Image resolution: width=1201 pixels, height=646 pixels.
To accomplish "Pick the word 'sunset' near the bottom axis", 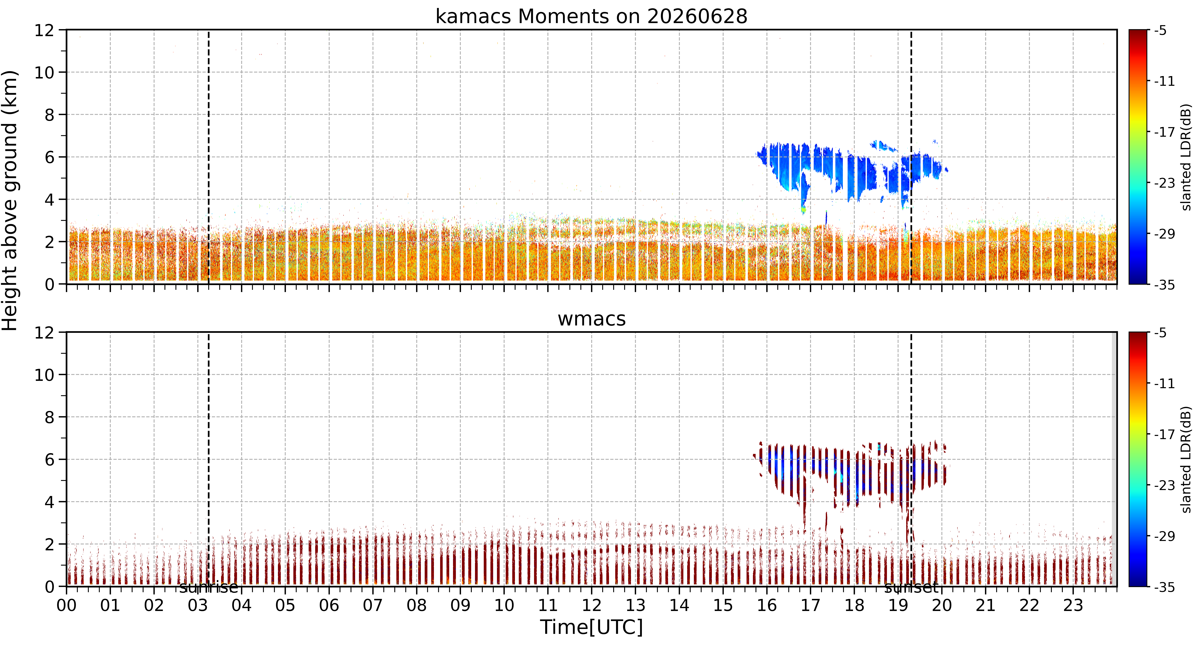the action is [x=911, y=588].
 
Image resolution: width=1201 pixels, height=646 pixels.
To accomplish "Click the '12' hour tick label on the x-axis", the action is [x=592, y=605].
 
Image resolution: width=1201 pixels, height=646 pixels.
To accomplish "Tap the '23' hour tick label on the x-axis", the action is [x=1073, y=605].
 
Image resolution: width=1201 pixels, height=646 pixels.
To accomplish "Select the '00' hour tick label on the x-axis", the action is [x=67, y=605].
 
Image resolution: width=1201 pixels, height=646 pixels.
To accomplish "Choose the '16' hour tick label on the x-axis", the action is [x=766, y=605].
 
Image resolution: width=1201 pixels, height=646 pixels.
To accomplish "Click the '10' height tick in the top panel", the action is [x=44, y=73].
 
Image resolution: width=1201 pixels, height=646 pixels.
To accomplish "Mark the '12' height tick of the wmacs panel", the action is [x=44, y=333].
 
